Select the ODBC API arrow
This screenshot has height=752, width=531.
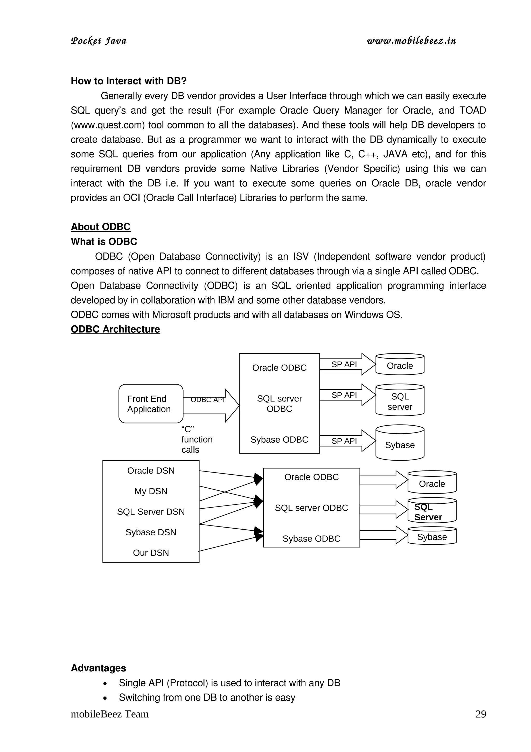(211, 406)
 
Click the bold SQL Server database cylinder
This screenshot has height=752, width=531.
(432, 512)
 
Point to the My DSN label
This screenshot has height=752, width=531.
(151, 491)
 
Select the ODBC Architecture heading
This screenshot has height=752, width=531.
(115, 329)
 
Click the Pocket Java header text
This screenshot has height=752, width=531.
(99, 41)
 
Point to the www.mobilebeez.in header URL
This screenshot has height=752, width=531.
(411, 41)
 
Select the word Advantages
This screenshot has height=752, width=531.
(99, 668)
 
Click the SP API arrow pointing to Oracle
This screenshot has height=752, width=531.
(347, 364)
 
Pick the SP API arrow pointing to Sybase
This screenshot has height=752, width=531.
(347, 441)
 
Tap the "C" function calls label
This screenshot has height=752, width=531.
(196, 439)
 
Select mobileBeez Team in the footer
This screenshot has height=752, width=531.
(110, 714)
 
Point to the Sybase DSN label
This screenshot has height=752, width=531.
(151, 532)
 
